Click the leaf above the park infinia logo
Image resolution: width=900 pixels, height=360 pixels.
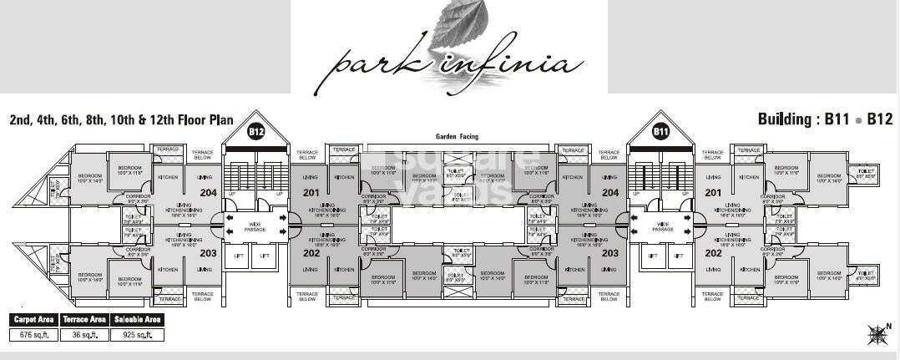tap(455, 25)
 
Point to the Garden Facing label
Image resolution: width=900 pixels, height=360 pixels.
tap(455, 136)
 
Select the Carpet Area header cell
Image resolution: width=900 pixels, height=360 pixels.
tap(33, 319)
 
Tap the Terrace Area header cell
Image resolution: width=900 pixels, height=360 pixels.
tap(84, 319)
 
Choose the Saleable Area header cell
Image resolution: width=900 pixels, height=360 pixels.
tap(136, 319)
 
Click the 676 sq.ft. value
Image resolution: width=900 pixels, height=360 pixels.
tap(33, 334)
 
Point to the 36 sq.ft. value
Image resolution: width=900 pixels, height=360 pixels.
tap(84, 334)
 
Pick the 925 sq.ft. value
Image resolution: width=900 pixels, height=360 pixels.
tap(136, 334)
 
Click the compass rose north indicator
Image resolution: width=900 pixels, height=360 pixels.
tap(878, 334)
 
